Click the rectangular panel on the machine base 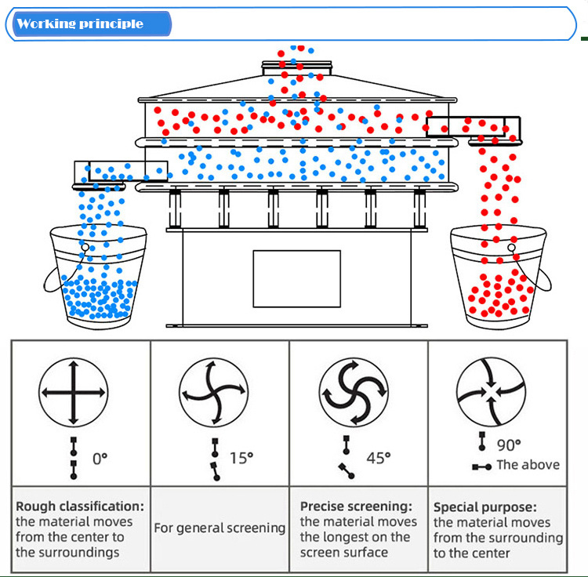coord(296,278)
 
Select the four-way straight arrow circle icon coord(73,391)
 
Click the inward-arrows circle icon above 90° coord(490,391)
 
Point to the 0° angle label coord(100,459)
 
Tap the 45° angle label coord(378,458)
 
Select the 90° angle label coord(509,445)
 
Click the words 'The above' coord(528,465)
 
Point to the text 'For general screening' coord(220,528)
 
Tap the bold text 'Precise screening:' coord(356,506)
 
